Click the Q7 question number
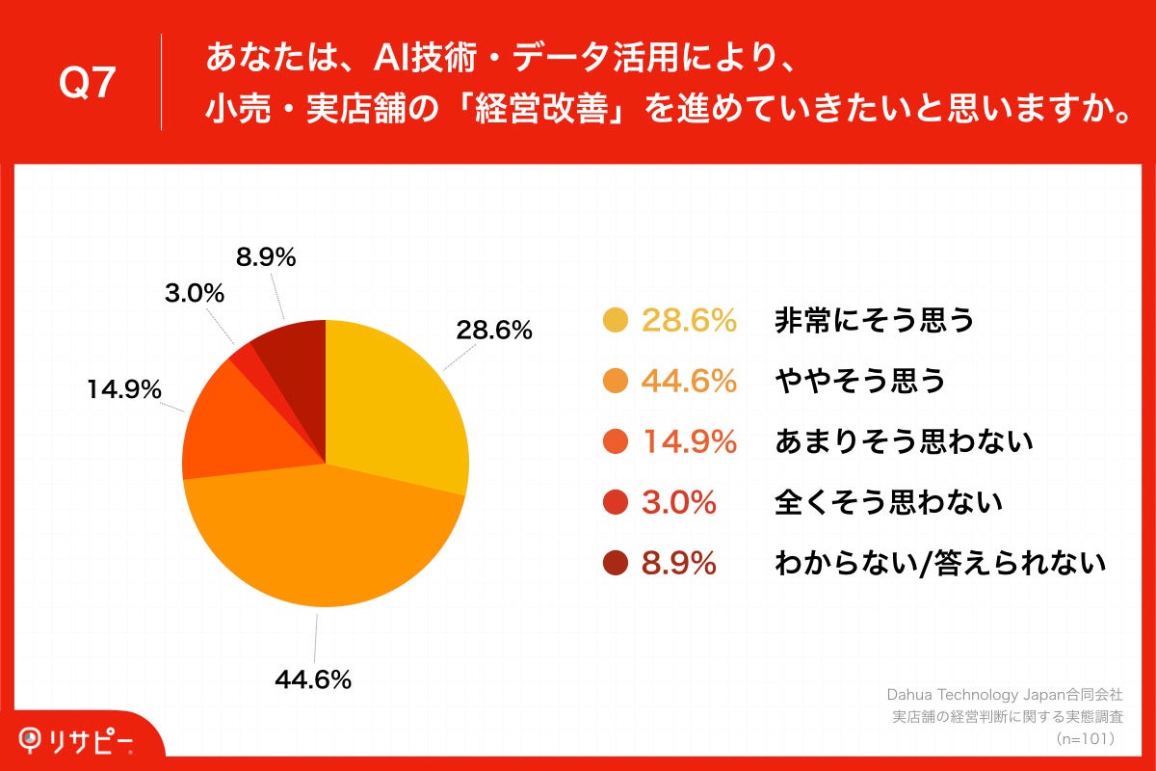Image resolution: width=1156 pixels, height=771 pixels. tap(88, 85)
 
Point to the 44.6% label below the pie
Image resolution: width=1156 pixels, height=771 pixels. tap(312, 679)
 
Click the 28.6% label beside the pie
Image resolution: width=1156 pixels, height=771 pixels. tap(494, 331)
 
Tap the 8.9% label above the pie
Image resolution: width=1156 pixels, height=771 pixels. tap(265, 257)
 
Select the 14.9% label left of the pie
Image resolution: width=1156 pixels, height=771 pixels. tap(123, 389)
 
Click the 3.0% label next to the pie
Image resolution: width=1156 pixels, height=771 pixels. tap(195, 293)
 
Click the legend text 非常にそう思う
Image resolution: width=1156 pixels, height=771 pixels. tap(875, 321)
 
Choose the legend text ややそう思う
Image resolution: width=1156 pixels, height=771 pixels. tap(859, 382)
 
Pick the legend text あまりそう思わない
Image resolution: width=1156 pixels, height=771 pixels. tap(904, 442)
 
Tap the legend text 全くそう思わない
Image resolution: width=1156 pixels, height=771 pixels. tap(888, 502)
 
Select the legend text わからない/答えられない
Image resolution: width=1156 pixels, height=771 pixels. tap(940, 563)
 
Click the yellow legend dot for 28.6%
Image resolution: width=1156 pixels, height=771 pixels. tap(615, 321)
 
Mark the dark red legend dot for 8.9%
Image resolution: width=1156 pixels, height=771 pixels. tap(615, 563)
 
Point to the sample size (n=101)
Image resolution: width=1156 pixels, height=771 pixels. tap(1085, 739)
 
